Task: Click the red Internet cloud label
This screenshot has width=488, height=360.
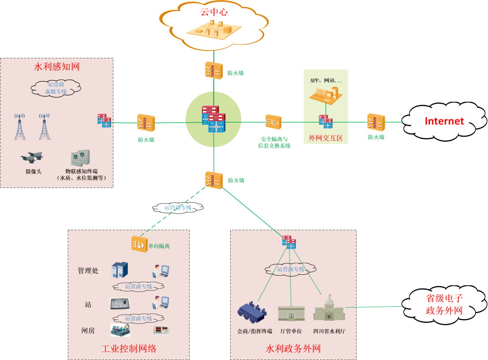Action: (x=444, y=121)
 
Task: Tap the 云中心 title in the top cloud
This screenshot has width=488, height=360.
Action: (x=214, y=12)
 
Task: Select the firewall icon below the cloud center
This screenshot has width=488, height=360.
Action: (x=213, y=70)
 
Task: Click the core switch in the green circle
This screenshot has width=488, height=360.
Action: (x=214, y=119)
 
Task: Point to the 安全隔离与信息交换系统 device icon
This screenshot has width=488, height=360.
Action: (x=273, y=123)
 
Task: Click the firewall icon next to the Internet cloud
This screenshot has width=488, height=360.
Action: (x=375, y=122)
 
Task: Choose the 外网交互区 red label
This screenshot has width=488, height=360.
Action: (x=326, y=138)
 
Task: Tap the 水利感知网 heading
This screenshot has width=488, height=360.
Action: (x=57, y=67)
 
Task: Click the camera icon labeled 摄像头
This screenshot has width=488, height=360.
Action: (x=32, y=157)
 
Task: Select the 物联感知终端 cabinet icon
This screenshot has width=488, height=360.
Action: (x=80, y=158)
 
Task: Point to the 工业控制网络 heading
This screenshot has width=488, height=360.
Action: (x=129, y=349)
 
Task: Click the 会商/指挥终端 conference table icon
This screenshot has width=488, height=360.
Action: (x=252, y=312)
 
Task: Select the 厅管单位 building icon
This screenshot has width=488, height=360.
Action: (x=291, y=313)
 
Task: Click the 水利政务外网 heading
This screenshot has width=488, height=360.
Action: (x=293, y=349)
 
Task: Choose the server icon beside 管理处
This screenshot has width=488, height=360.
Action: (x=119, y=270)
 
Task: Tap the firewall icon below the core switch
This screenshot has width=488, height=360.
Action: (x=214, y=180)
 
